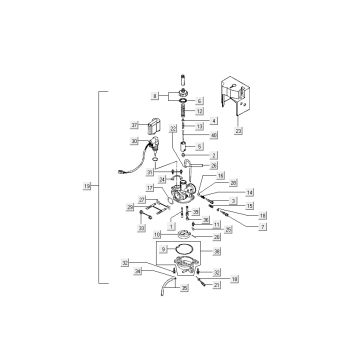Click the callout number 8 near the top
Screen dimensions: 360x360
click(x=155, y=96)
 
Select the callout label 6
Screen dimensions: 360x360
click(x=199, y=101)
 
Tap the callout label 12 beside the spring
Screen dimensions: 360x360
click(x=199, y=111)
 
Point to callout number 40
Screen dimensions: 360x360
click(x=213, y=135)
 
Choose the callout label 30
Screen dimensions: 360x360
click(x=134, y=141)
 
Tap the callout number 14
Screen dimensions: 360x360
click(x=222, y=191)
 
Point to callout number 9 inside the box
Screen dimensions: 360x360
click(x=162, y=246)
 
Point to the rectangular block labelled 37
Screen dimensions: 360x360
click(x=154, y=125)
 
